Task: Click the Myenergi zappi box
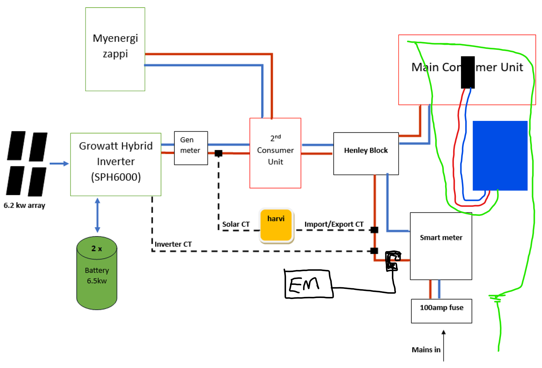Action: point(115,49)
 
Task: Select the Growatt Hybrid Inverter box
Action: point(115,164)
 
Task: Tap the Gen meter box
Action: point(191,148)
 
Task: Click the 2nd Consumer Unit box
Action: point(275,153)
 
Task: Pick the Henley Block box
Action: point(366,154)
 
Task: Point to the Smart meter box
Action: point(441,246)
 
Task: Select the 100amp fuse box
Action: point(441,311)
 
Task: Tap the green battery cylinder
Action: point(97,273)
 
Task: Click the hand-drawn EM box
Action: point(309,284)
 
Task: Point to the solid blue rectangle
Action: point(500,156)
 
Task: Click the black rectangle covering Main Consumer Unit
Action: point(468,72)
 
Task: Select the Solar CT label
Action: point(236,224)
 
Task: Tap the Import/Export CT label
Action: point(334,224)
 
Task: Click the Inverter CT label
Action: point(173,244)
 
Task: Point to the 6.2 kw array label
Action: point(24,205)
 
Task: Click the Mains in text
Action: point(426,350)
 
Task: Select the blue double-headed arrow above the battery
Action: point(98,215)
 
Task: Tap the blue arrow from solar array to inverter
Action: point(59,164)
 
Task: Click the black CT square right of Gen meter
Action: point(218,154)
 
